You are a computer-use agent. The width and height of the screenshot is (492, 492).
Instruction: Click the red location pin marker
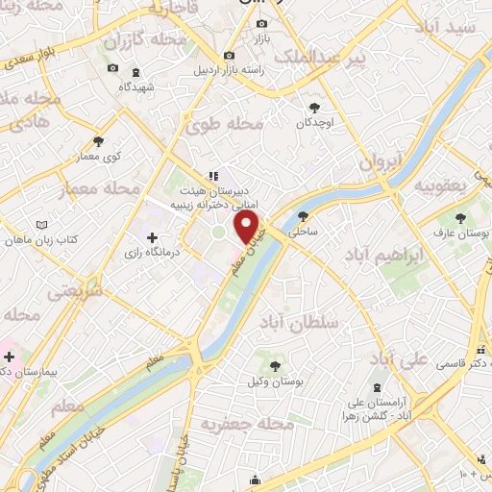click(249, 226)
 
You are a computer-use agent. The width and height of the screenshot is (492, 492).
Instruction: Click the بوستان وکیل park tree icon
click(276, 366)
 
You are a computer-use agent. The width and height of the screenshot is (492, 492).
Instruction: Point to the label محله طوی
click(233, 124)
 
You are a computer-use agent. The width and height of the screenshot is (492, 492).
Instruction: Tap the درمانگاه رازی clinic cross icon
click(151, 236)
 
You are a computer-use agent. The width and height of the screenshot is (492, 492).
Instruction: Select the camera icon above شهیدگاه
click(113, 67)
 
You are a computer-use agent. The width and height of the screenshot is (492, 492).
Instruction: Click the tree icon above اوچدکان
click(316, 108)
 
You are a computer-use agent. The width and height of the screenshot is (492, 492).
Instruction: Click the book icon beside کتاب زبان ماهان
click(40, 226)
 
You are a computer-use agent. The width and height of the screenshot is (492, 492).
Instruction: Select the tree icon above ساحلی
click(304, 216)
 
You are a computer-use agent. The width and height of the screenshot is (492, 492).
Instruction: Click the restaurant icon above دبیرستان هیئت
click(213, 175)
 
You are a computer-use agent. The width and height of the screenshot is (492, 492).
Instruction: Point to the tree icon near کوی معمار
click(98, 142)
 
